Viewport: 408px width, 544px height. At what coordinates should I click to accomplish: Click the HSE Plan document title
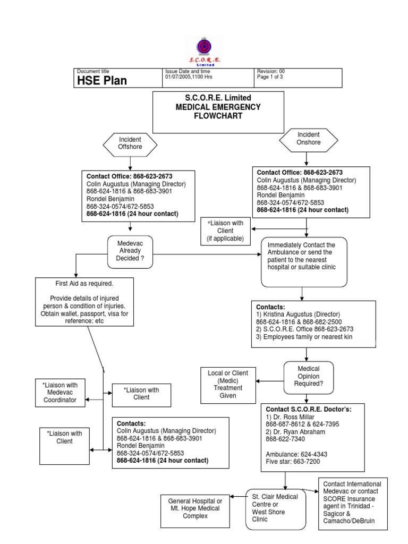(x=102, y=80)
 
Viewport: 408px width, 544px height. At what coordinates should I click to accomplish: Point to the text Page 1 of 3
(x=270, y=77)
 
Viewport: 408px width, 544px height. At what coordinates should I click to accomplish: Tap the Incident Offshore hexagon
(x=130, y=143)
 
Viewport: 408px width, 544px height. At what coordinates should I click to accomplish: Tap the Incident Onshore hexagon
(x=309, y=139)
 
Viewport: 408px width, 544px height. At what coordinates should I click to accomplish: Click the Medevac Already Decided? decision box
(x=130, y=251)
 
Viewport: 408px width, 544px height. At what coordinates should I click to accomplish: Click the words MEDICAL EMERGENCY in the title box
(x=218, y=107)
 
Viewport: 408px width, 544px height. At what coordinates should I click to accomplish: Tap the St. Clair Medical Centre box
(x=276, y=508)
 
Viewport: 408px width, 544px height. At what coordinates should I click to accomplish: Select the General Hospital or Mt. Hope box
(x=195, y=508)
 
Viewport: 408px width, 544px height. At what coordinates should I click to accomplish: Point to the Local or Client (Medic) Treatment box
(x=228, y=384)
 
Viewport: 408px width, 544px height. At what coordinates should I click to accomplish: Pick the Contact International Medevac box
(x=353, y=503)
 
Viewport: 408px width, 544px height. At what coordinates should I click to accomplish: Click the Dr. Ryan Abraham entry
(x=296, y=431)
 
